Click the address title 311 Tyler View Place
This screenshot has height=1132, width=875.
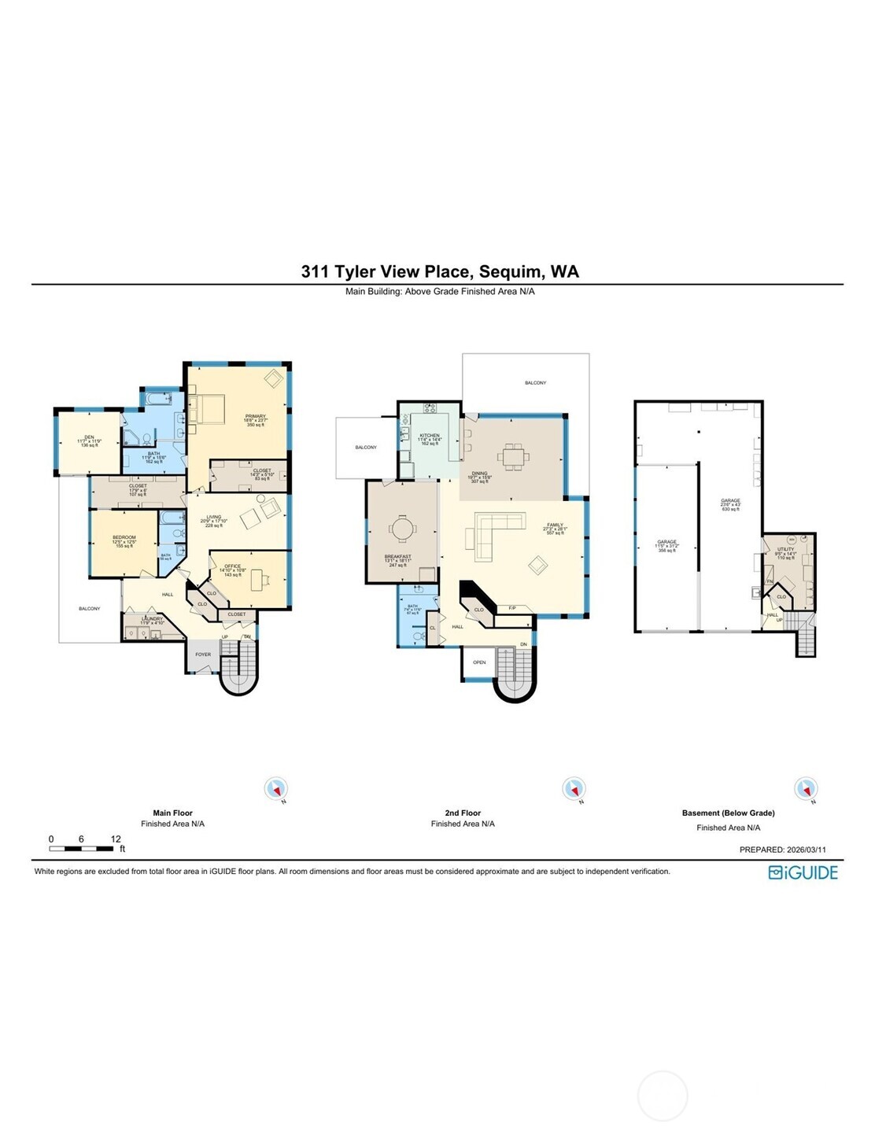coord(439,271)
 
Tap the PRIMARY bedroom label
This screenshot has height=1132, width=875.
coord(256,417)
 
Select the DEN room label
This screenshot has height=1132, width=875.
coord(89,438)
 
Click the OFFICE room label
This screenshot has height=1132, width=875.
coord(232,566)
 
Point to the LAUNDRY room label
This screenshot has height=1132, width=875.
coord(152,618)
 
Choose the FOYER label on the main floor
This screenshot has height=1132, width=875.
coord(203,654)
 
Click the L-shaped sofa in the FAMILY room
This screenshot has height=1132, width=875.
coord(492,533)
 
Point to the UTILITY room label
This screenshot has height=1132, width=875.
coord(785,549)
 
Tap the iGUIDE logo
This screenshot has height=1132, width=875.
coord(803,872)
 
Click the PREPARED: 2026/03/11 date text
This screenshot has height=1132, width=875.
coord(782,850)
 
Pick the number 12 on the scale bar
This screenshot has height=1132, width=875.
coord(116,839)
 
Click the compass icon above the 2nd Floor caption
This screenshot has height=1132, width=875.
coord(574,788)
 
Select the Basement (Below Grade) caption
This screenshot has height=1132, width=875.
coord(728,813)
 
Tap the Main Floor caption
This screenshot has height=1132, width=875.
coord(172,813)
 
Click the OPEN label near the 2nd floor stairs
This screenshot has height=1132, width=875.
coord(479,662)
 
